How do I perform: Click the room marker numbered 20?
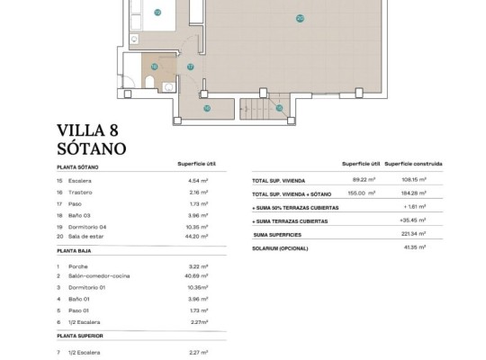click(300, 17)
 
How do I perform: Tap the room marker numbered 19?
click(157, 13)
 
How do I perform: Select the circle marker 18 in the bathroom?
click(155, 67)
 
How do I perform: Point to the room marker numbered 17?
click(190, 67)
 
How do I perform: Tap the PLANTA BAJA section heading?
click(78, 255)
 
